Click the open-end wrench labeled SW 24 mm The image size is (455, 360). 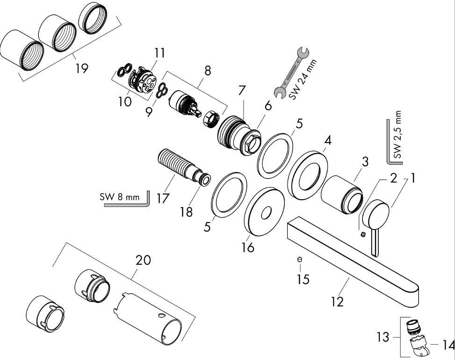291,72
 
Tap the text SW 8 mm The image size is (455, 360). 120,197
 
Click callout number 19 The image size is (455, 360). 81,68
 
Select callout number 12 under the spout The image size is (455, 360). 337,302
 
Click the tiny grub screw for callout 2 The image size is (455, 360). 363,234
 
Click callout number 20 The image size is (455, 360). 144,260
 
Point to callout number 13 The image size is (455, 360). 383,337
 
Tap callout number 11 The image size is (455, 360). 159,53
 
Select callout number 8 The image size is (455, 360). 208,71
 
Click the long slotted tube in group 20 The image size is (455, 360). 147,318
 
